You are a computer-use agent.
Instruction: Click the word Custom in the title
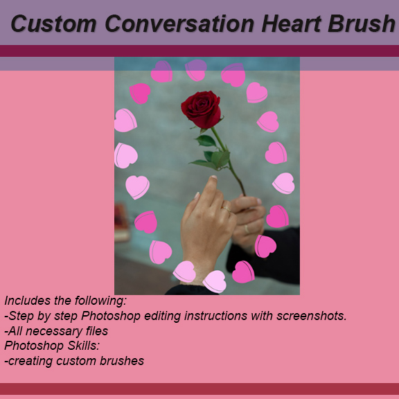tap(53, 24)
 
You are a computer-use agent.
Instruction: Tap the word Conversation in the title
tap(179, 24)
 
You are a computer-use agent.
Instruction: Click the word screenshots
tap(310, 316)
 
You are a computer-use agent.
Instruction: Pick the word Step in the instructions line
tap(23, 316)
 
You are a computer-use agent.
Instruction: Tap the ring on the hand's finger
tap(227, 208)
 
